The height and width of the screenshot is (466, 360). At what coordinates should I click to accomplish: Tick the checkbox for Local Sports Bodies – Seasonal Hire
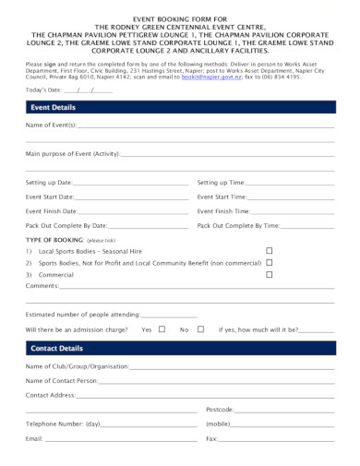pyautogui.click(x=270, y=251)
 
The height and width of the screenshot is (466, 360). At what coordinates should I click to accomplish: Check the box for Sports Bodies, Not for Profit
pyautogui.click(x=270, y=262)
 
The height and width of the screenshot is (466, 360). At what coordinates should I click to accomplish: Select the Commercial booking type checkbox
pyautogui.click(x=270, y=274)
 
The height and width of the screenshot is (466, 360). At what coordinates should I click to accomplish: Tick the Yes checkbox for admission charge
pyautogui.click(x=162, y=329)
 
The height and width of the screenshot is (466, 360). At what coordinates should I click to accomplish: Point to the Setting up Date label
pyautogui.click(x=53, y=183)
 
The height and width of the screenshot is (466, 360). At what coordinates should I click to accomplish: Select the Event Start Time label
pyautogui.click(x=222, y=197)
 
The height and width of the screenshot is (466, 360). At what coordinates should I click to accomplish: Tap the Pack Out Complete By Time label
pyautogui.click(x=238, y=225)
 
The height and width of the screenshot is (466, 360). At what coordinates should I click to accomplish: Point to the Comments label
pyautogui.click(x=42, y=285)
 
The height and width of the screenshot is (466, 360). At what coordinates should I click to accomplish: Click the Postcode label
pyautogui.click(x=219, y=408)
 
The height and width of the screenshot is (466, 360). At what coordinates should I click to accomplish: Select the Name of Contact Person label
pyautogui.click(x=62, y=380)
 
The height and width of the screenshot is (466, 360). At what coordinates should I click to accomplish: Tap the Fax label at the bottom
pyautogui.click(x=211, y=437)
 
